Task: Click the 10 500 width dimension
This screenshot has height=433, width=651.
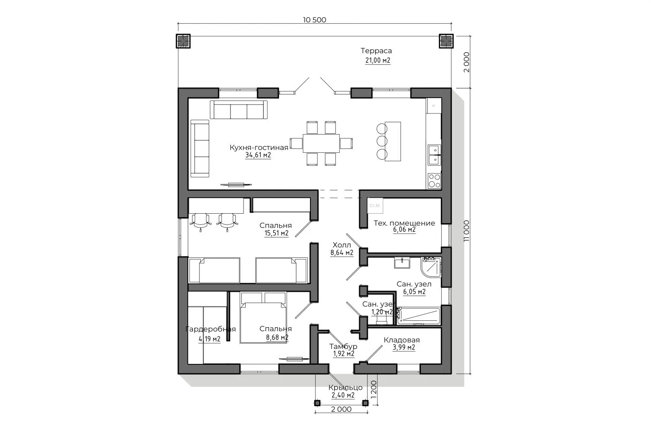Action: point(314,20)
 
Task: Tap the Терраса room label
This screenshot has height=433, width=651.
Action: point(376,51)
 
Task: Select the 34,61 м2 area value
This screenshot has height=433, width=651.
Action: point(258,155)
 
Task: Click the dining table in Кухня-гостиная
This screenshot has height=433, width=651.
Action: point(321,143)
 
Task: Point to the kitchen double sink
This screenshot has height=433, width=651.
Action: point(434,155)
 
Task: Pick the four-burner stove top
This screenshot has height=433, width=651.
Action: point(434,181)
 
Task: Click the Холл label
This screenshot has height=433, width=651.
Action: point(342,245)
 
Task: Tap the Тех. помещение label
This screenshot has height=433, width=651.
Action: point(404,223)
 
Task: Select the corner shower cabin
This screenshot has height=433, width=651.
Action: point(431,267)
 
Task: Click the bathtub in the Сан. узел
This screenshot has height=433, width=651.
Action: point(418,316)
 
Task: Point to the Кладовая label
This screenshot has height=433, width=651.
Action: point(401,340)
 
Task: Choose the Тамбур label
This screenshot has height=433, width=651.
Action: point(343,346)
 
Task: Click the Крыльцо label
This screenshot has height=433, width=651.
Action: point(345,387)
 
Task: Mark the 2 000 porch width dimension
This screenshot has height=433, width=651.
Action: point(341,409)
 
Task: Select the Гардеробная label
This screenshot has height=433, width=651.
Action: point(210,329)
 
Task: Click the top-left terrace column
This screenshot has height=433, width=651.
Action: point(183,41)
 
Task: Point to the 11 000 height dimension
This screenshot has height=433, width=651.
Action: point(466,231)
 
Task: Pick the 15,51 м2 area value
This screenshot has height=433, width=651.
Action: point(276,233)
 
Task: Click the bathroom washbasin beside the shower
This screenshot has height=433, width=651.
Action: point(402,262)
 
